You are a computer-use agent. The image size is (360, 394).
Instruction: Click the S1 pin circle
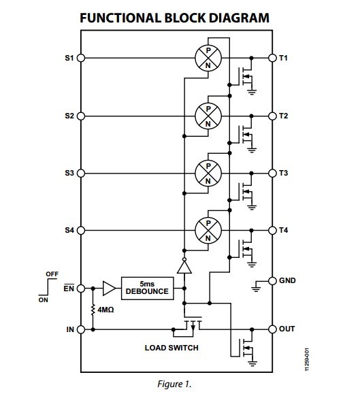click(80, 58)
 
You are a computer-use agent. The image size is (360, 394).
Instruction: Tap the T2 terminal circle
click(272, 116)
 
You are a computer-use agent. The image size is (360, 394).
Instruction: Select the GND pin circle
click(272, 281)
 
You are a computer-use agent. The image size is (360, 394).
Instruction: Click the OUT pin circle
click(272, 329)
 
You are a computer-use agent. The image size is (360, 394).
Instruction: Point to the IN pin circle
click(80, 329)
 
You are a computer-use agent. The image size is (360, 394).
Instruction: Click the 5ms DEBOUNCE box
click(147, 289)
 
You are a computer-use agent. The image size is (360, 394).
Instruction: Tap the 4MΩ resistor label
click(105, 310)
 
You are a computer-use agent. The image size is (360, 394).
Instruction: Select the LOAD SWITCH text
click(171, 348)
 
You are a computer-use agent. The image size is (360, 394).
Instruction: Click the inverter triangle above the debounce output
click(184, 266)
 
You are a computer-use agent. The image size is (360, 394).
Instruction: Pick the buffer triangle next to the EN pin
click(109, 289)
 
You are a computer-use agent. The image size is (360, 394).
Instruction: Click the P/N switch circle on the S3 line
click(208, 174)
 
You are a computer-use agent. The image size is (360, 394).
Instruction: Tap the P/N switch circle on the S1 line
click(208, 58)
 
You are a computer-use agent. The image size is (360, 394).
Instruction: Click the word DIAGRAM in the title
click(239, 18)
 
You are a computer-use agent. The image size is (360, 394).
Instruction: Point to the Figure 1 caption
click(174, 384)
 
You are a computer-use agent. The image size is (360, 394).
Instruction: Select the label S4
click(69, 230)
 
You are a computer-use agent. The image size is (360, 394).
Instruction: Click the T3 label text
click(284, 173)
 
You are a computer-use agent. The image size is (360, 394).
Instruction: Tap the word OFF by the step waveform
click(52, 274)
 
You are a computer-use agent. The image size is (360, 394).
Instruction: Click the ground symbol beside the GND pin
click(256, 286)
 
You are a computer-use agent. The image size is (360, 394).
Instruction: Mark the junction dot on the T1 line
click(252, 58)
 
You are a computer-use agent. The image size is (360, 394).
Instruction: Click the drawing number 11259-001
click(307, 359)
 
